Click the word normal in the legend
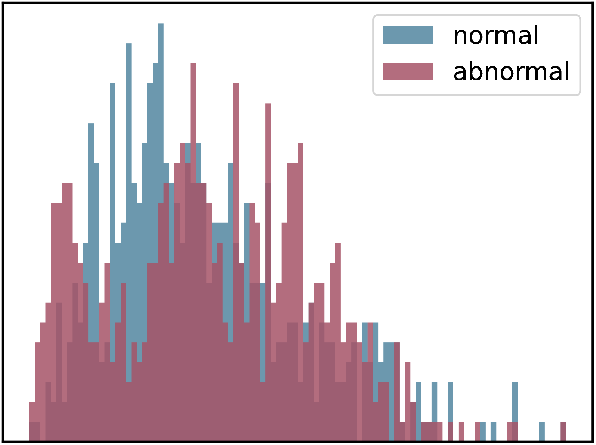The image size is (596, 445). click(x=495, y=36)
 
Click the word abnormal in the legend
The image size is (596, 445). click(x=511, y=71)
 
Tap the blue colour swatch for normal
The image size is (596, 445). click(x=408, y=35)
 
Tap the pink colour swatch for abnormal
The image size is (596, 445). click(x=408, y=71)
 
